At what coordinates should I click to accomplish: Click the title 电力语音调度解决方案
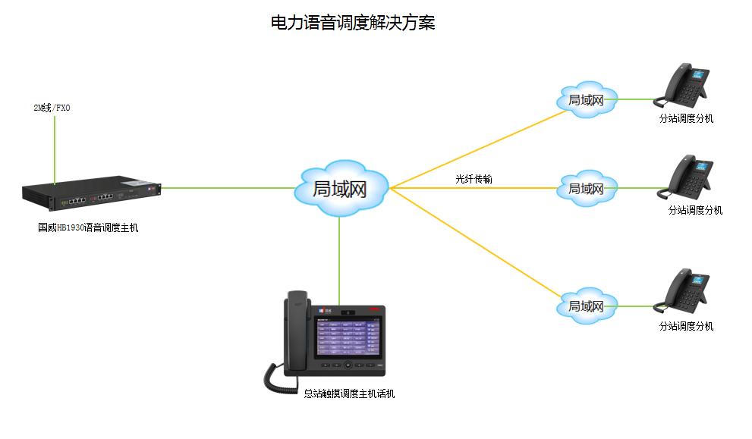(353, 23)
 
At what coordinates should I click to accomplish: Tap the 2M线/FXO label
(52, 108)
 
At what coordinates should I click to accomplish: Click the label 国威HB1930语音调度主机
(89, 227)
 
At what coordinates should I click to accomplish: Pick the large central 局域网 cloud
(340, 189)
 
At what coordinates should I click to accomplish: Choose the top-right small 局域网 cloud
(586, 99)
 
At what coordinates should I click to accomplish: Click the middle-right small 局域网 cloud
(586, 188)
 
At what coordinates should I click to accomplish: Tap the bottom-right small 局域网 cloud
(586, 306)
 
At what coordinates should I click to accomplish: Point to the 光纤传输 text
(474, 179)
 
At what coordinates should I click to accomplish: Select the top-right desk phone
(684, 87)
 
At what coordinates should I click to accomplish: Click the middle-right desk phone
(689, 178)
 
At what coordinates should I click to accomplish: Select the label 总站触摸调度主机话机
(349, 394)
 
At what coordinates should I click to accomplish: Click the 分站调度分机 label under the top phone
(686, 119)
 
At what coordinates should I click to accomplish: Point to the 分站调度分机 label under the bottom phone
(686, 327)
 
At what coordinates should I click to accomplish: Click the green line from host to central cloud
(228, 187)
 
